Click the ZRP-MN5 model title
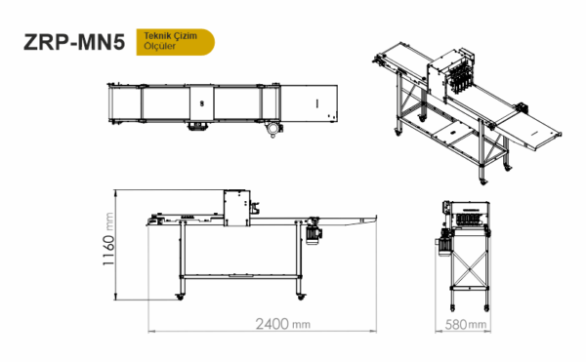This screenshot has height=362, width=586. (74, 42)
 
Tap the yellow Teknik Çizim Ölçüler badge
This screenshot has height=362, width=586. (175, 42)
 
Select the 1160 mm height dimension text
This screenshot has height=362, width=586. (107, 239)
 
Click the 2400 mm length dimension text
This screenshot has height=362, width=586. (283, 324)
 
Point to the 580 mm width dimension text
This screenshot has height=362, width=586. (466, 324)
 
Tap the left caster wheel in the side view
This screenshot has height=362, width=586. (180, 297)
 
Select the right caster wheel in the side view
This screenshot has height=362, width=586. (301, 297)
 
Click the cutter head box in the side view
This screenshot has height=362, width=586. (237, 208)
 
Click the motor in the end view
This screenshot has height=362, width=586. (444, 242)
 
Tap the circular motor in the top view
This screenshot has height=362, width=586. (273, 129)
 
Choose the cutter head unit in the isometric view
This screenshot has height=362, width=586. (451, 74)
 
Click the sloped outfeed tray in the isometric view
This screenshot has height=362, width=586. (529, 134)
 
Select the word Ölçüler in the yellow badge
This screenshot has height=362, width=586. (159, 46)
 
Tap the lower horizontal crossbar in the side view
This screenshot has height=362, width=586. (240, 276)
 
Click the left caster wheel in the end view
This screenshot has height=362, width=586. (453, 308)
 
